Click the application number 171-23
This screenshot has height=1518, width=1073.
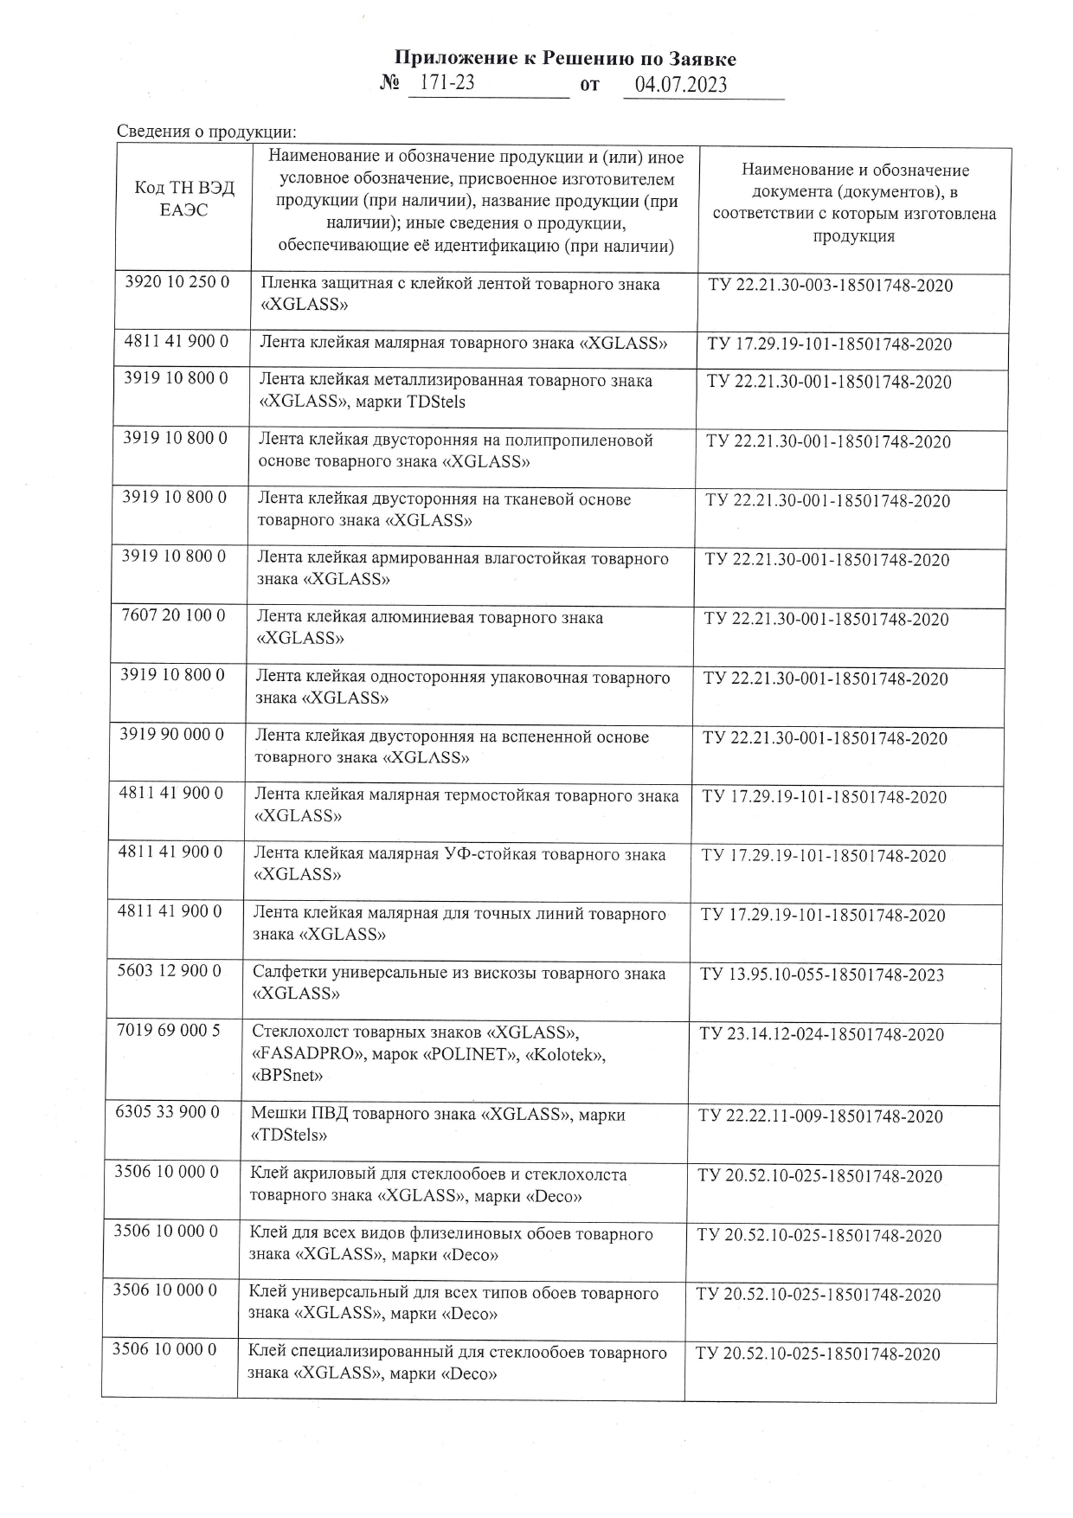[447, 84]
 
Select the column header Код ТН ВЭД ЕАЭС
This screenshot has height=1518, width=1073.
[184, 199]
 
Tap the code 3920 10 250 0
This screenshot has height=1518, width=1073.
[177, 283]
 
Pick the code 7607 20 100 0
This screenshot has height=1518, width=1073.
[174, 616]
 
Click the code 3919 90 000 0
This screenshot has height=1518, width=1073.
[172, 735]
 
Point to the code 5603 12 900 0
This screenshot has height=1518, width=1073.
[170, 971]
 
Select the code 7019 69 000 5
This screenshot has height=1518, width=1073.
[169, 1031]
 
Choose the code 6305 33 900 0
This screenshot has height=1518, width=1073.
[168, 1112]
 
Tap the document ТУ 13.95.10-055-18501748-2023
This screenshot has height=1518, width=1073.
[822, 975]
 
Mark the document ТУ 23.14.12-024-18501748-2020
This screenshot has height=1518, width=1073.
[821, 1034]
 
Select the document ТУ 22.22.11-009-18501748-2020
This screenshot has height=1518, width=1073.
[820, 1116]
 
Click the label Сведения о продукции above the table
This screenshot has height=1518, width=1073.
[206, 132]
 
